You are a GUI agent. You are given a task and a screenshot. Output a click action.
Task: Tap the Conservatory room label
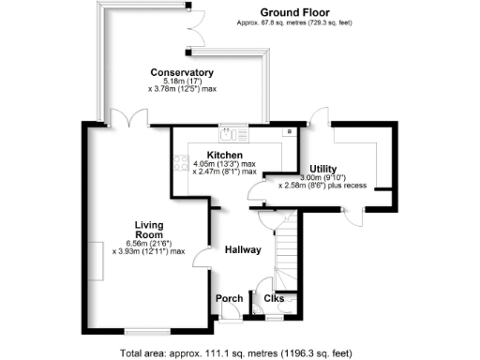click(182, 72)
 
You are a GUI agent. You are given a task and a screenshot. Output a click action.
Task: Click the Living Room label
click(149, 230)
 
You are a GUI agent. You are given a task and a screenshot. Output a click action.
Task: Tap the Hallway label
click(242, 249)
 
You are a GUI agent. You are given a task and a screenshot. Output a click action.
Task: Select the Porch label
click(229, 299)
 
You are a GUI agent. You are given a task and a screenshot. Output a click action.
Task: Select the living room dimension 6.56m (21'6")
click(149, 242)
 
